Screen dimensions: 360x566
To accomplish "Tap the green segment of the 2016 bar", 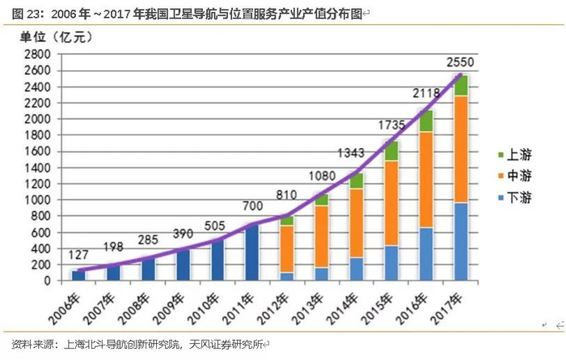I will pos(425,121).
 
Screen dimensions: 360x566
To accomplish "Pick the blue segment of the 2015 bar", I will pos(391,263).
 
